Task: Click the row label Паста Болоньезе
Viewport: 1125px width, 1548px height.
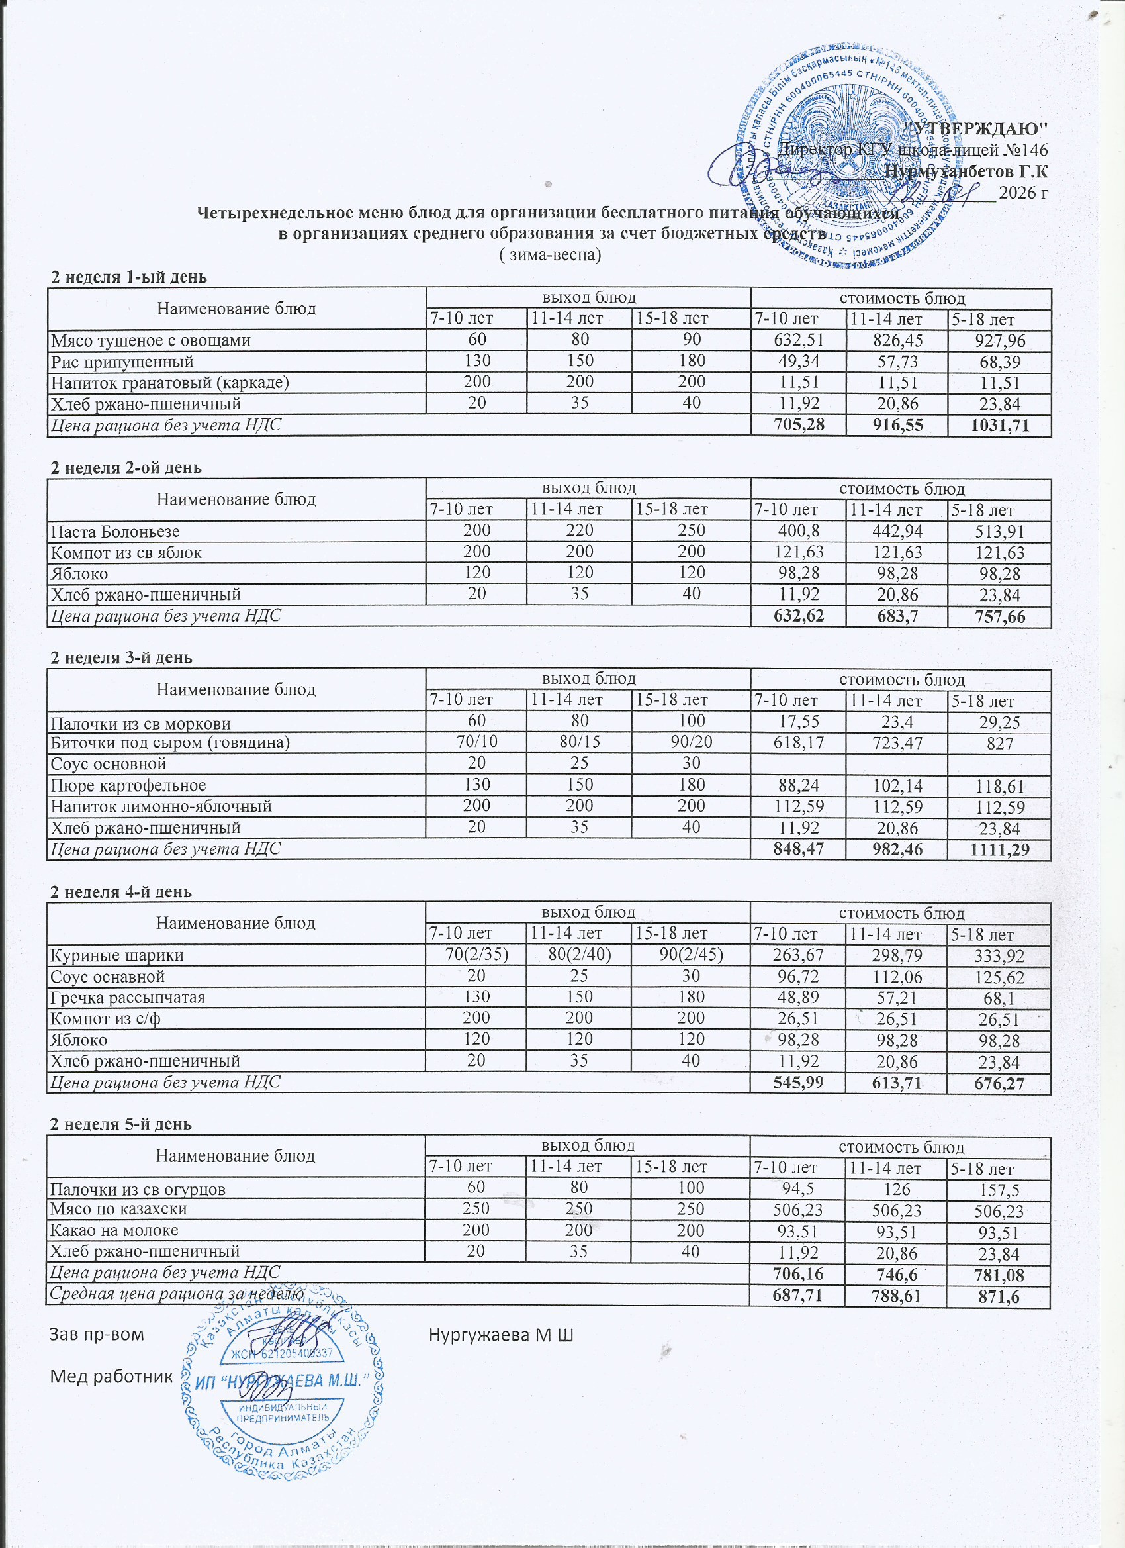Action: click(115, 531)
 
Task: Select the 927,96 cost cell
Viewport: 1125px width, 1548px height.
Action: click(999, 341)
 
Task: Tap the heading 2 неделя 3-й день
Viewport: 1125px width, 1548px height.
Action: click(122, 658)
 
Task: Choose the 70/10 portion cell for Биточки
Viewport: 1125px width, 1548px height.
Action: click(476, 743)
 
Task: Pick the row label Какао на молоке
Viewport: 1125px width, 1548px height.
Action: click(114, 1230)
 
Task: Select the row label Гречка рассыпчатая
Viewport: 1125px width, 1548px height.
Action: click(128, 998)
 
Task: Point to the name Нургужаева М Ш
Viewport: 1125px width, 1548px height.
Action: click(501, 1334)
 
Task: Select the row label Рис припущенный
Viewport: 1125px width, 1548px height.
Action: click(122, 362)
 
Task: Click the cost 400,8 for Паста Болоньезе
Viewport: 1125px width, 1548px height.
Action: click(797, 531)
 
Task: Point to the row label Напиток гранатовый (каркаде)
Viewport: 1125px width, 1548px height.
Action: click(170, 383)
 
